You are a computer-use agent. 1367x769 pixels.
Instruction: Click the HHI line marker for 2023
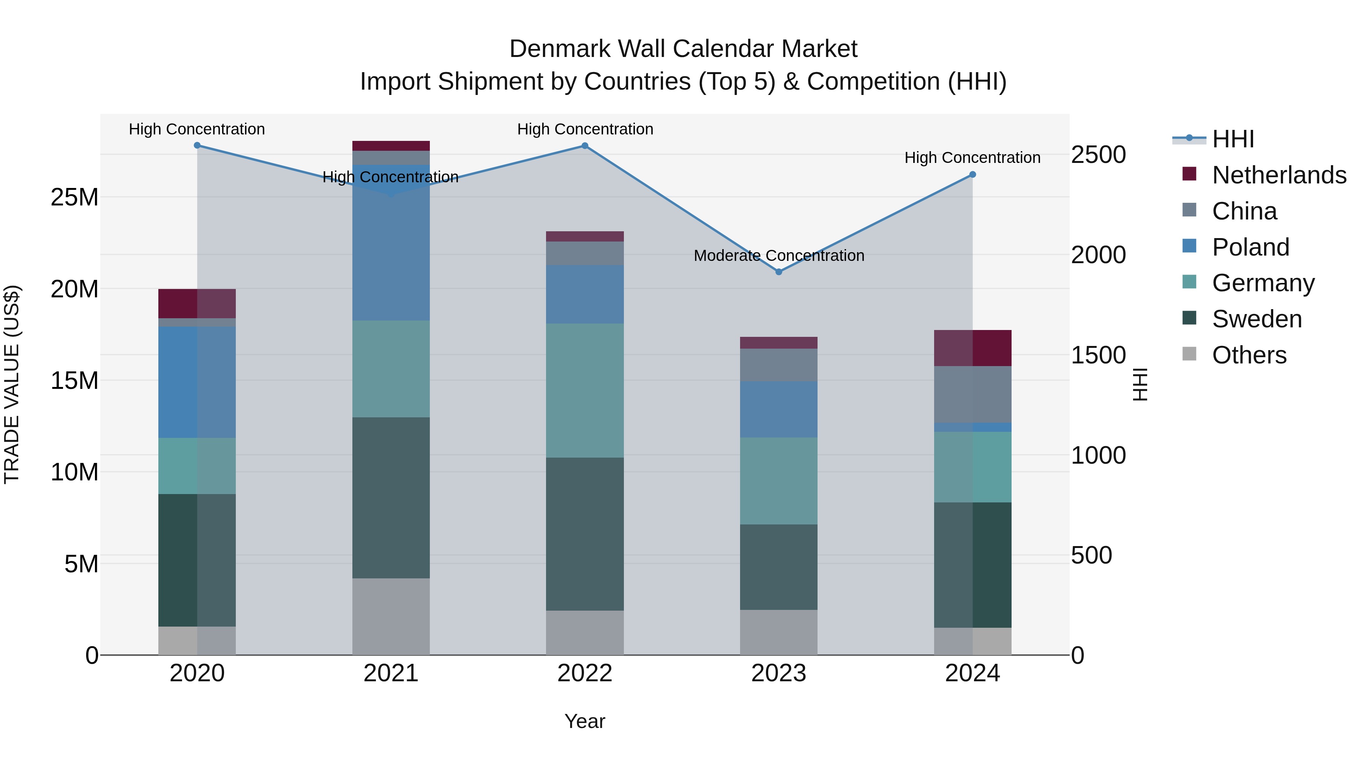(x=778, y=272)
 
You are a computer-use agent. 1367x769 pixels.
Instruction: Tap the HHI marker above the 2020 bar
(x=197, y=145)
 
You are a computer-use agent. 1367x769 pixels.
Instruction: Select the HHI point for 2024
(x=972, y=175)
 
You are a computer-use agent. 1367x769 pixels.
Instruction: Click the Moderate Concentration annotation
(x=778, y=256)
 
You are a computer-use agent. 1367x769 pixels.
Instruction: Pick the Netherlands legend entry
(x=1279, y=175)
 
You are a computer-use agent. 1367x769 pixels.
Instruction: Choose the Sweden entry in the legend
(x=1257, y=319)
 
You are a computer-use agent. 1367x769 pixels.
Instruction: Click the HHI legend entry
(x=1233, y=139)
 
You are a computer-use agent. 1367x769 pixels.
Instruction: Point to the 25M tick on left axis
(x=74, y=197)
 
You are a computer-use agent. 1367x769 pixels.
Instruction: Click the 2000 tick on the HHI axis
(x=1098, y=255)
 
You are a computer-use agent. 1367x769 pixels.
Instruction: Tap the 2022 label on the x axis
(x=585, y=673)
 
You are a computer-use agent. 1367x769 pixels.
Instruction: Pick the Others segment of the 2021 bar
(x=391, y=616)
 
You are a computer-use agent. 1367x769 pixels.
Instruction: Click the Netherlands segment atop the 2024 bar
(x=972, y=348)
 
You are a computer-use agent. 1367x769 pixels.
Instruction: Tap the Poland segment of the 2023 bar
(x=778, y=409)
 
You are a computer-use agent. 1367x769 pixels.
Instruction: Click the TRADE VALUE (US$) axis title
(x=12, y=384)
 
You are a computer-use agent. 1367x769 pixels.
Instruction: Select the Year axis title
(x=585, y=721)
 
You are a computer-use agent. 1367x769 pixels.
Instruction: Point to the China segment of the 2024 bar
(x=972, y=394)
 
